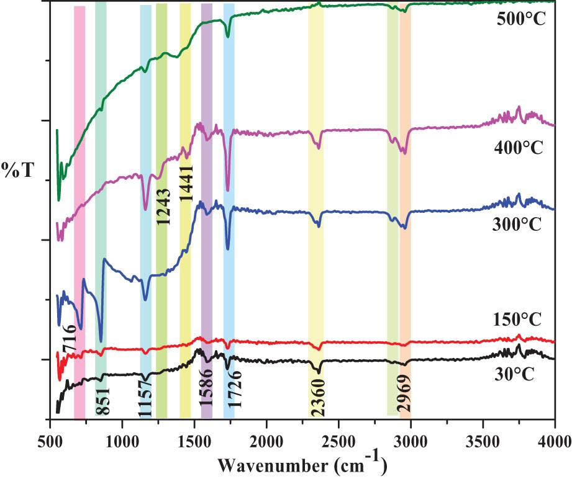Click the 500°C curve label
[x=520, y=20]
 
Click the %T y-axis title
[x=17, y=169]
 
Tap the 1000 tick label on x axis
[x=122, y=442]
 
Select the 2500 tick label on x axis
[x=338, y=442]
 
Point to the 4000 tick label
[x=554, y=442]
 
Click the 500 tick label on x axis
[x=50, y=442]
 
